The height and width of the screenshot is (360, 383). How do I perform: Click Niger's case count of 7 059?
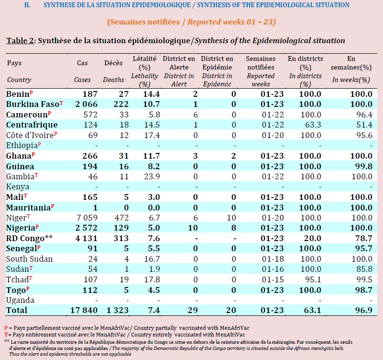87,218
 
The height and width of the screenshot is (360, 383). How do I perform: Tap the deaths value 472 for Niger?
121,218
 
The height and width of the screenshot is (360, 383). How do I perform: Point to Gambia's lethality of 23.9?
152,176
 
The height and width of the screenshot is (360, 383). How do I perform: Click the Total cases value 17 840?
84,310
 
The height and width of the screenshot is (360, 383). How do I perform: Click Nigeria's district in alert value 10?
193,228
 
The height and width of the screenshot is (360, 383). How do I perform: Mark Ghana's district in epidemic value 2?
234,156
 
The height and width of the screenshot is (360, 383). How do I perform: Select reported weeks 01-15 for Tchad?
273,279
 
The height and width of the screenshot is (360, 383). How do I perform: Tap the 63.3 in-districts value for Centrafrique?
313,125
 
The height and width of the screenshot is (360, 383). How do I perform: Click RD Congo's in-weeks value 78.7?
364,238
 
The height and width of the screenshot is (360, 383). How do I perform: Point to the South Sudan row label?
29,259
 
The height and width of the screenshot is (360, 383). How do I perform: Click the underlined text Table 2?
20,40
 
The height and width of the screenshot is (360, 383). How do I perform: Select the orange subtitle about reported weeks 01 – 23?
191,22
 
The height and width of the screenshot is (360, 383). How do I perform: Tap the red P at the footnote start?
6,328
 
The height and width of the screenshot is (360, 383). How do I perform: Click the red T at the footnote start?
6,335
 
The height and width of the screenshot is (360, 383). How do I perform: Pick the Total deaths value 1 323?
118,310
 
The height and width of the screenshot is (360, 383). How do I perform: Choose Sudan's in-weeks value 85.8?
364,269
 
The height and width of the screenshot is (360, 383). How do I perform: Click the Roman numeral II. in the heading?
27,5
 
